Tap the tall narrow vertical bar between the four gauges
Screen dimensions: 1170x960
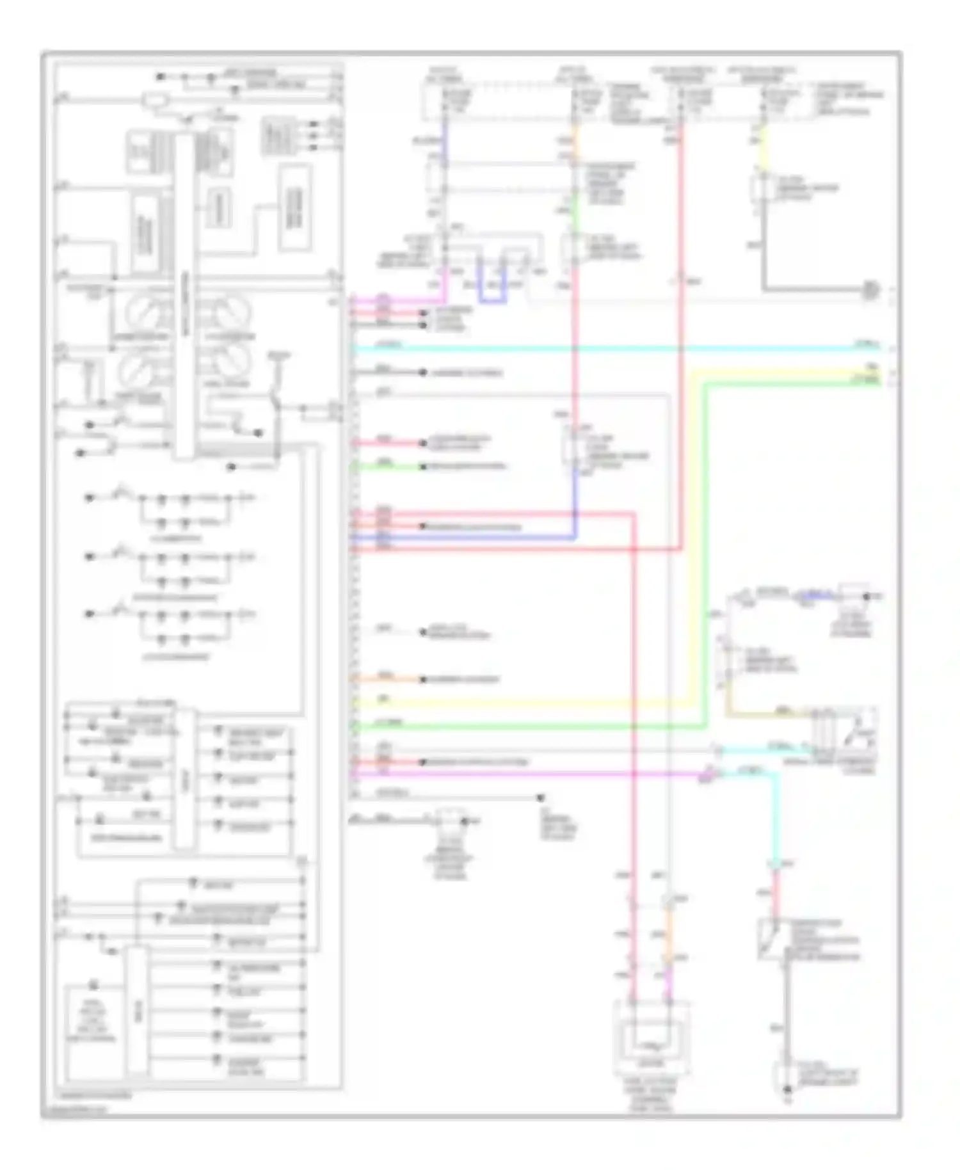coord(185,294)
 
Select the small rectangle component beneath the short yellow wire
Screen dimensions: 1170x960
coord(762,189)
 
